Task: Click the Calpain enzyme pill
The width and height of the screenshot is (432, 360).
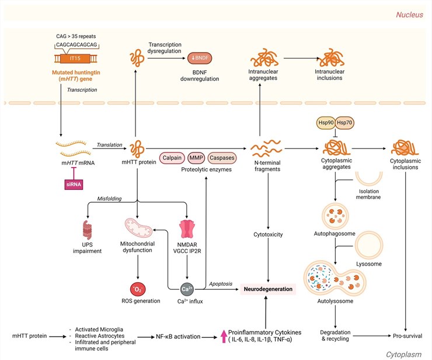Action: pos(170,158)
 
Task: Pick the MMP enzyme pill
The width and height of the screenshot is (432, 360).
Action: pos(196,158)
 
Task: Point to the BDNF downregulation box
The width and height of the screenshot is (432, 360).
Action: pos(199,59)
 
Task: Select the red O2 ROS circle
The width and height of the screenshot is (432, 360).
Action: pos(138,289)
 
